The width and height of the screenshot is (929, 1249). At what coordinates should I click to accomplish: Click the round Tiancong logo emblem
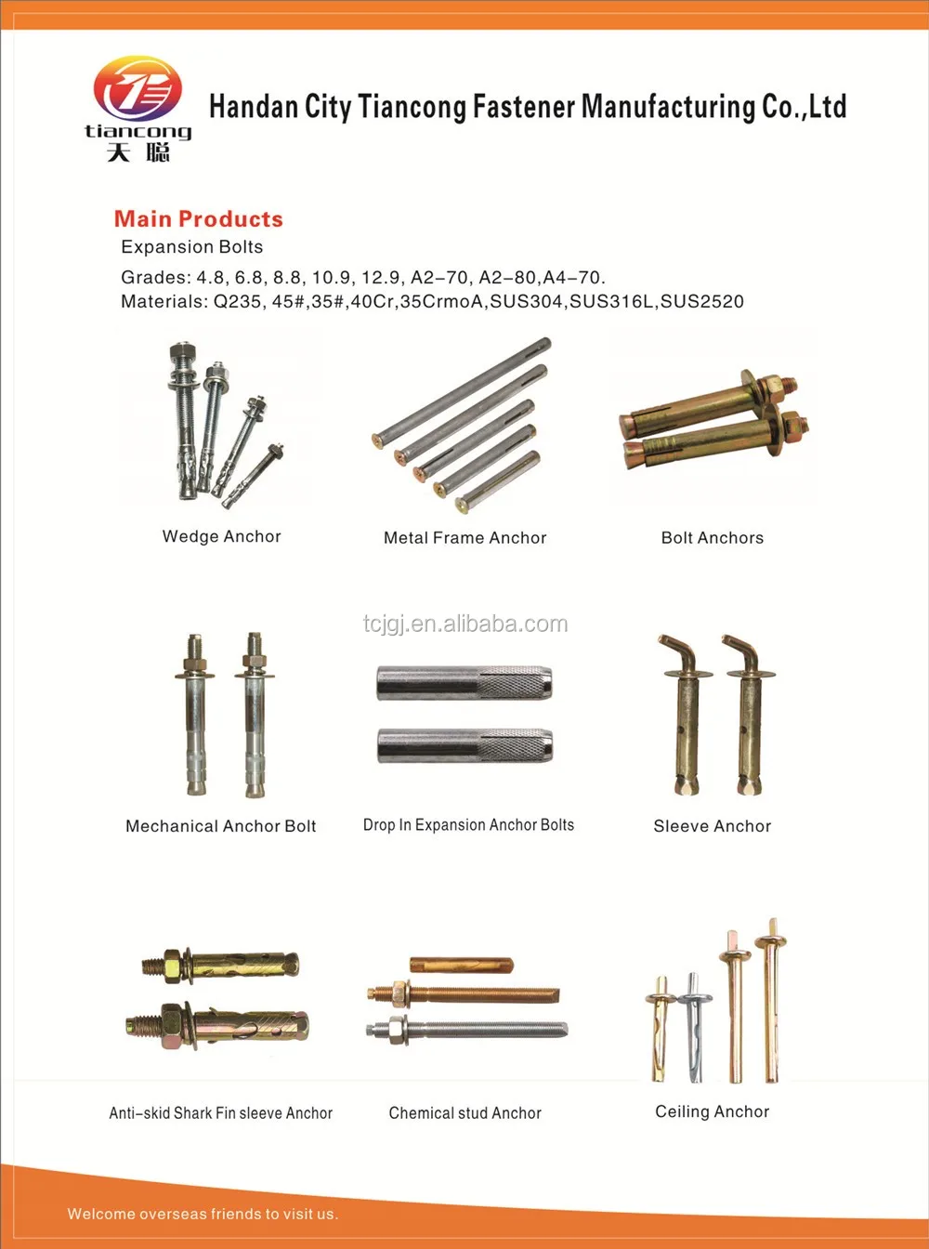pyautogui.click(x=137, y=89)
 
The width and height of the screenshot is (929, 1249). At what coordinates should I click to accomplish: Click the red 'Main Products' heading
pyautogui.click(x=198, y=219)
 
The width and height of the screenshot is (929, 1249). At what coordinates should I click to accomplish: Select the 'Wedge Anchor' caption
pyautogui.click(x=221, y=536)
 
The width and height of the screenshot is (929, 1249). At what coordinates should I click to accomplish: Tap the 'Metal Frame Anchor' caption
pyautogui.click(x=464, y=538)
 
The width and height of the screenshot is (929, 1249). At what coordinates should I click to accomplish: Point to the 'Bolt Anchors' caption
pyautogui.click(x=712, y=538)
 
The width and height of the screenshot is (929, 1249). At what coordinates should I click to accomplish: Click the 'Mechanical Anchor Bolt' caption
pyautogui.click(x=221, y=826)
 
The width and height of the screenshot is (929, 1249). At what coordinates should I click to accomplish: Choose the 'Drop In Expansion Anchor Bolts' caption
pyautogui.click(x=468, y=825)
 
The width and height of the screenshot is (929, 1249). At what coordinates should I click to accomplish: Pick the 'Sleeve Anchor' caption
pyautogui.click(x=712, y=826)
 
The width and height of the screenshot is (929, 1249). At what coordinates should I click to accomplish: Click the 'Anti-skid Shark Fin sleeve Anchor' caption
pyautogui.click(x=221, y=1112)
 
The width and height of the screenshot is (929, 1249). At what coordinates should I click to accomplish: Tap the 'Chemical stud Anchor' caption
pyautogui.click(x=464, y=1112)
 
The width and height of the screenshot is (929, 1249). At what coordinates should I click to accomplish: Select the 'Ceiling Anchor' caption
pyautogui.click(x=712, y=1111)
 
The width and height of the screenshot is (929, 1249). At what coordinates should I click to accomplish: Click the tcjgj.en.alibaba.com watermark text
pyautogui.click(x=464, y=624)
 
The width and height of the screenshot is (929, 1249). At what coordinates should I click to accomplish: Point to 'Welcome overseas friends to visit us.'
pyautogui.click(x=203, y=1214)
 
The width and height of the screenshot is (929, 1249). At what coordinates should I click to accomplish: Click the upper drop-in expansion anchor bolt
pyautogui.click(x=464, y=684)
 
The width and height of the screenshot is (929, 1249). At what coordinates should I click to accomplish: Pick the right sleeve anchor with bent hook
pyautogui.click(x=749, y=716)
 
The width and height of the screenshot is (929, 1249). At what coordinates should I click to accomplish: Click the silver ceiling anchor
pyautogui.click(x=693, y=1027)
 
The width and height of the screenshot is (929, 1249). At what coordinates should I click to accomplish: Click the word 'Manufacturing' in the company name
pyautogui.click(x=669, y=107)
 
